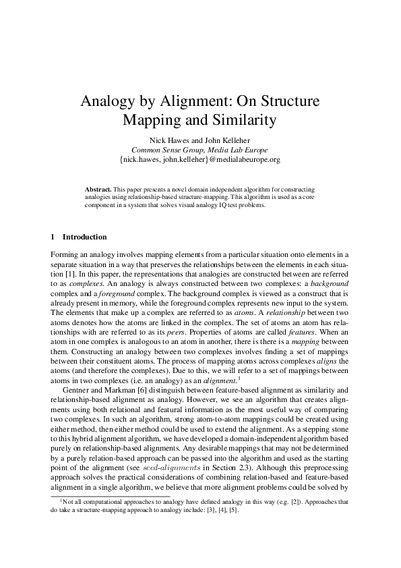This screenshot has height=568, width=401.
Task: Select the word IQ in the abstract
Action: click(214, 205)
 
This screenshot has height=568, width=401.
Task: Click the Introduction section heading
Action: click(84, 237)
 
